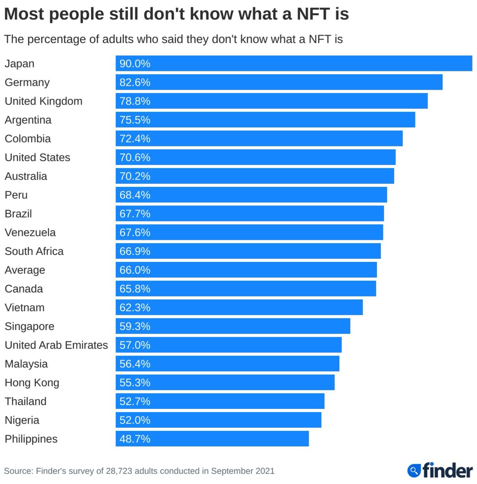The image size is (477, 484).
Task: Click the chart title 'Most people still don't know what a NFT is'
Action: (x=176, y=14)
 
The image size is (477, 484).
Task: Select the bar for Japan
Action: (x=294, y=63)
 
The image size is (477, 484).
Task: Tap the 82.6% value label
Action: (x=135, y=82)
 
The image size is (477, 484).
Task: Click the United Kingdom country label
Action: (x=44, y=101)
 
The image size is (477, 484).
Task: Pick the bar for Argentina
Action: (x=265, y=120)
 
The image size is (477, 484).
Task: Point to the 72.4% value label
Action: (x=135, y=139)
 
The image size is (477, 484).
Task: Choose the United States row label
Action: (x=38, y=157)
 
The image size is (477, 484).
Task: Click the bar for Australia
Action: (x=255, y=176)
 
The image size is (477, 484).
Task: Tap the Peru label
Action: (x=16, y=195)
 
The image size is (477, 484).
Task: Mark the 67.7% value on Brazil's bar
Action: (x=135, y=214)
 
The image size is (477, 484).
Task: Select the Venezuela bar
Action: (x=249, y=232)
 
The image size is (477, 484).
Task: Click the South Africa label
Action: (x=34, y=251)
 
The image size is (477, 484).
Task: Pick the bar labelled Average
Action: (x=246, y=270)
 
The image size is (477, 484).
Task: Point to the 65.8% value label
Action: (x=135, y=289)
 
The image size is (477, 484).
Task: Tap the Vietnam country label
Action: (x=25, y=307)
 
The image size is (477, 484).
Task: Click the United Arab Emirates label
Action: (x=56, y=345)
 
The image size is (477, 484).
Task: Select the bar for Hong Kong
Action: (x=225, y=382)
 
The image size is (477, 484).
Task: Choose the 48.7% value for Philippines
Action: (x=135, y=439)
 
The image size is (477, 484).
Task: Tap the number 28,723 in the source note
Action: (x=119, y=471)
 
